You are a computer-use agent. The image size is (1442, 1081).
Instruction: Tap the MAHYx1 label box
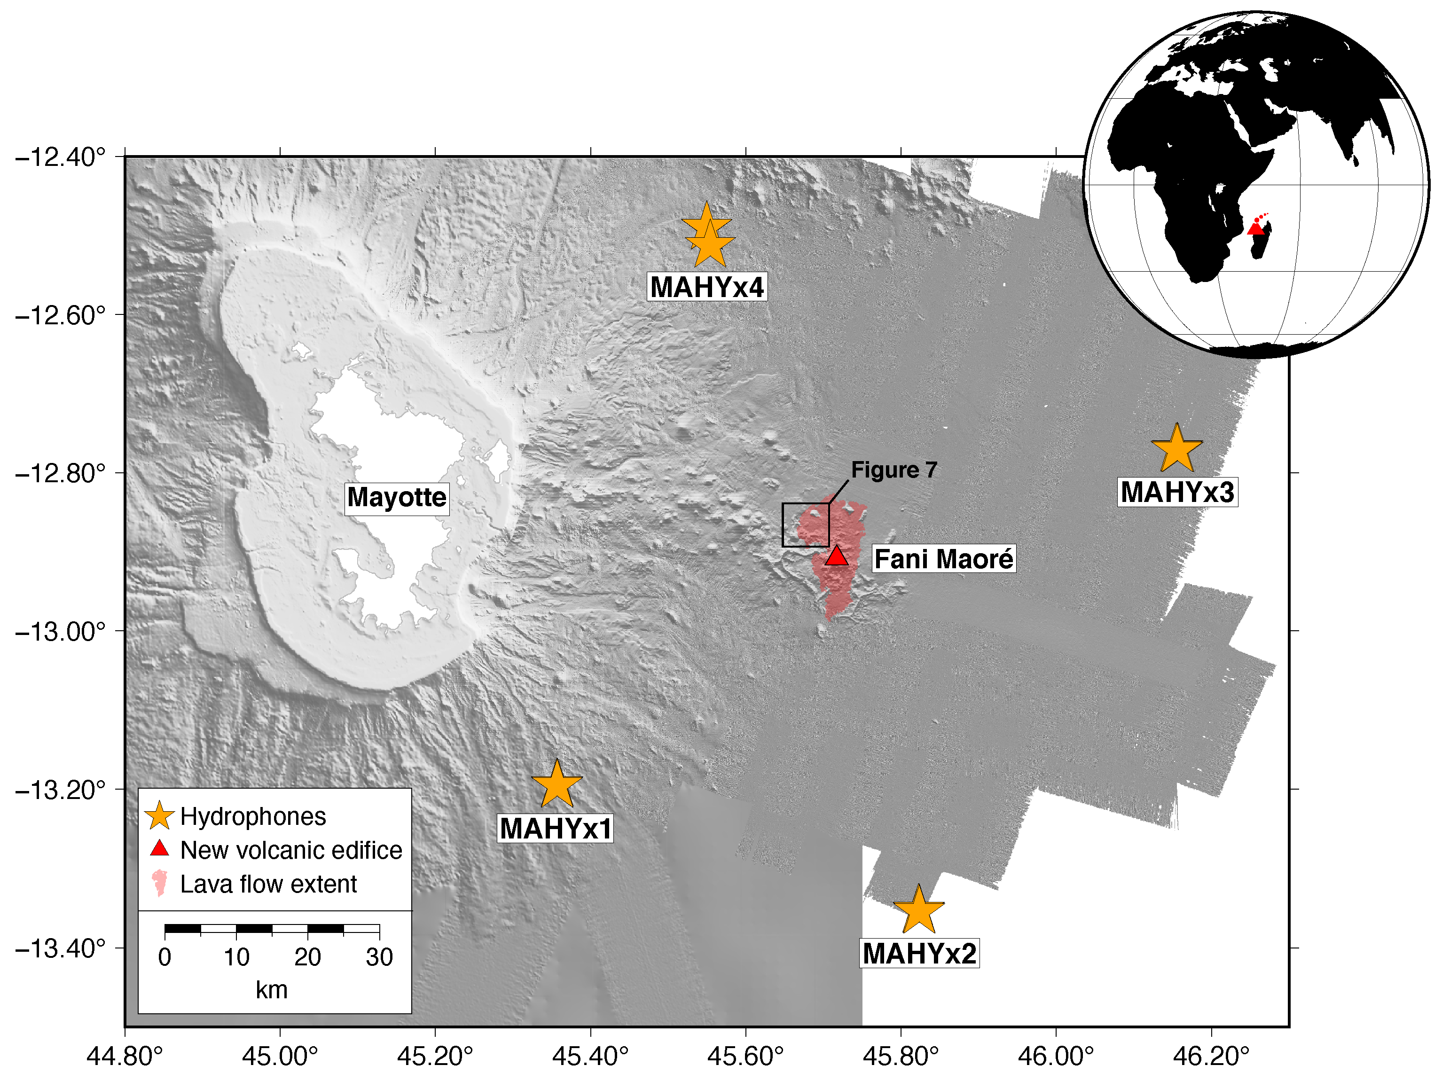556,829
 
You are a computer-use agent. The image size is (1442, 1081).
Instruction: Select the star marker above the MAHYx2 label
918,910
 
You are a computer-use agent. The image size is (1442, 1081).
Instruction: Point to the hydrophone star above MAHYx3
1176,449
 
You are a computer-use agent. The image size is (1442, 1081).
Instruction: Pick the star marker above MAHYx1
556,785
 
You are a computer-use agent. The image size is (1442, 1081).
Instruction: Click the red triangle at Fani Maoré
836,556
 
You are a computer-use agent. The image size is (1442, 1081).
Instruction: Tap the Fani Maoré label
943,559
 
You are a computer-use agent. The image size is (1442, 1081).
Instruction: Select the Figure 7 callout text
894,470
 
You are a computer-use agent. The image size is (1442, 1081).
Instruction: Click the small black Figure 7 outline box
806,525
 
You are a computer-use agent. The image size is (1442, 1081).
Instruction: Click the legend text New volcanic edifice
291,850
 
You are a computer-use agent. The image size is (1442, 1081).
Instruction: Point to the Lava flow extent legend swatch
159,884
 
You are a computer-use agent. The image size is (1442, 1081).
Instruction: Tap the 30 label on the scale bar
379,957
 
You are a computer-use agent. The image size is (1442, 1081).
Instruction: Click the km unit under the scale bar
271,990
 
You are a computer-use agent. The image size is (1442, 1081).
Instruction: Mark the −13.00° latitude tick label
60,631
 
